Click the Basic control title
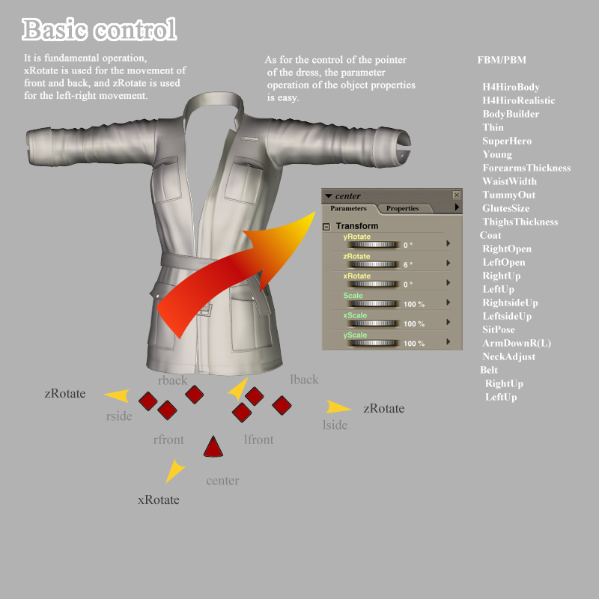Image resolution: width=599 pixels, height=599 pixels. (x=100, y=30)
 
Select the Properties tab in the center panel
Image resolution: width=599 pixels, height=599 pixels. (x=402, y=208)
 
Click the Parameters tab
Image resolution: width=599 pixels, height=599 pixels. (x=348, y=208)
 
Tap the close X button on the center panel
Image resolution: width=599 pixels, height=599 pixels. (x=457, y=195)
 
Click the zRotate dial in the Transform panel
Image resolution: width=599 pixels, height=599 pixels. (x=374, y=264)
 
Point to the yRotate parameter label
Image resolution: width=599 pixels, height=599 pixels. (x=357, y=237)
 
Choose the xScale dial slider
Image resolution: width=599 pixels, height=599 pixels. (x=374, y=323)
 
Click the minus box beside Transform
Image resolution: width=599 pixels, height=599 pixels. (x=326, y=227)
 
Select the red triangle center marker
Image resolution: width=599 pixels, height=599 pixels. (x=213, y=447)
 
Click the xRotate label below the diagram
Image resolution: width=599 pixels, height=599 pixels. (x=159, y=499)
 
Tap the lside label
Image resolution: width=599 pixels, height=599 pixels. (x=335, y=425)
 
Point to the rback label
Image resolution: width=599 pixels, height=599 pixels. (x=172, y=380)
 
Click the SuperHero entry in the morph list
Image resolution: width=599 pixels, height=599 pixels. (x=507, y=141)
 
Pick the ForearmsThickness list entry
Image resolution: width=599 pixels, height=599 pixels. (x=526, y=168)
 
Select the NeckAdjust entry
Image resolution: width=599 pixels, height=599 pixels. (x=509, y=356)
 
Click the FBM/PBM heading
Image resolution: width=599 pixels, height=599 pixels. (x=502, y=60)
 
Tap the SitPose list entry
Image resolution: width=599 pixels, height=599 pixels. (x=499, y=329)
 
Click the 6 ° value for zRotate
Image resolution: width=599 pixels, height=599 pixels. (x=408, y=264)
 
